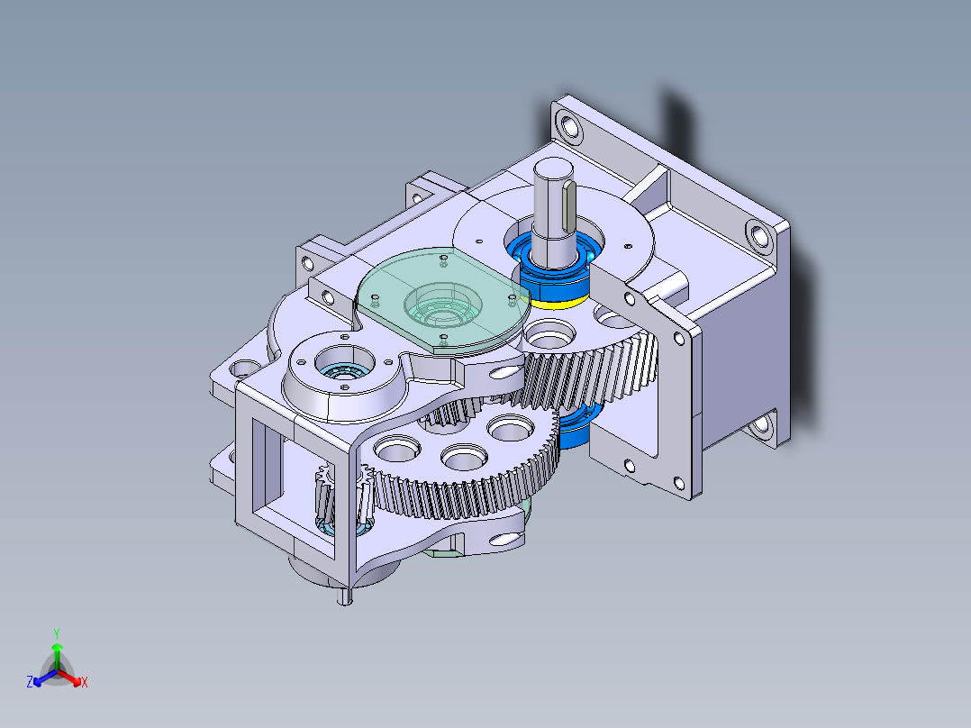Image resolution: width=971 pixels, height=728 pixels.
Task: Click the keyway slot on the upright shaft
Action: click(x=568, y=204)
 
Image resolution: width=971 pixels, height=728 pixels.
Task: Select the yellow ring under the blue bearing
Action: click(x=560, y=302)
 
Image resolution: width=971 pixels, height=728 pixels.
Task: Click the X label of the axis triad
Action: click(x=85, y=682)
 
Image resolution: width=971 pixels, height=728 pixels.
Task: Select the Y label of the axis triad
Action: click(x=57, y=633)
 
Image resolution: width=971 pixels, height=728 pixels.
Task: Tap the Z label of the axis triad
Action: click(x=30, y=682)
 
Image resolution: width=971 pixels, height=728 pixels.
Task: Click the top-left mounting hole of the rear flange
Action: click(x=568, y=124)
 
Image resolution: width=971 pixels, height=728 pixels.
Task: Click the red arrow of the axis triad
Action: click(x=73, y=677)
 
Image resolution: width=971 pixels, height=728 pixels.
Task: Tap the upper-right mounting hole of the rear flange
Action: click(x=758, y=237)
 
